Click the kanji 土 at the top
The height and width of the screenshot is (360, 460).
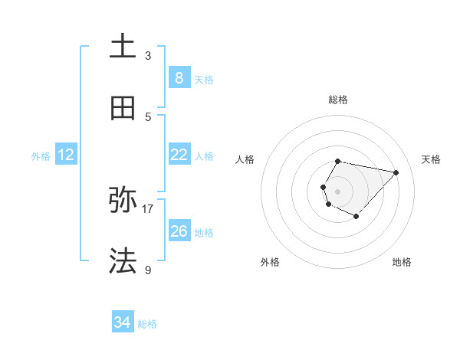(x=123, y=46)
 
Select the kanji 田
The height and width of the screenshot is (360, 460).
(x=123, y=108)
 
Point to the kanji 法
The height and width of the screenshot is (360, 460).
(x=123, y=260)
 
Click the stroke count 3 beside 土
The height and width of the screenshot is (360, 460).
(x=148, y=55)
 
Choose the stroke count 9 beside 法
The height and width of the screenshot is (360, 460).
(x=148, y=270)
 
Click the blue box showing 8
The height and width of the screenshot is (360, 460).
(x=179, y=78)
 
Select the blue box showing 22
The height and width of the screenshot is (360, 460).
(x=179, y=155)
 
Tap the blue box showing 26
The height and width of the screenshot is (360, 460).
(x=179, y=231)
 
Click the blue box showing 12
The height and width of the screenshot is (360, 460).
(x=66, y=155)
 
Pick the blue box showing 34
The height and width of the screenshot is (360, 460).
(x=123, y=322)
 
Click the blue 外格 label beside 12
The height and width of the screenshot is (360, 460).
(x=41, y=156)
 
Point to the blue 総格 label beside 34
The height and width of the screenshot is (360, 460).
(x=147, y=324)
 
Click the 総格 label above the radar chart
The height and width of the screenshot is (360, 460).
(x=338, y=100)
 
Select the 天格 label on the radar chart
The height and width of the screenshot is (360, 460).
(x=432, y=159)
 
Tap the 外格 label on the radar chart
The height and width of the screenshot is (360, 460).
(x=270, y=262)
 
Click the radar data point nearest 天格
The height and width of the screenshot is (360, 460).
(x=396, y=172)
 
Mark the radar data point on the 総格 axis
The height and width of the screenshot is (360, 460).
(x=338, y=161)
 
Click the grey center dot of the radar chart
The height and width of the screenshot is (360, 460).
(x=338, y=191)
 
